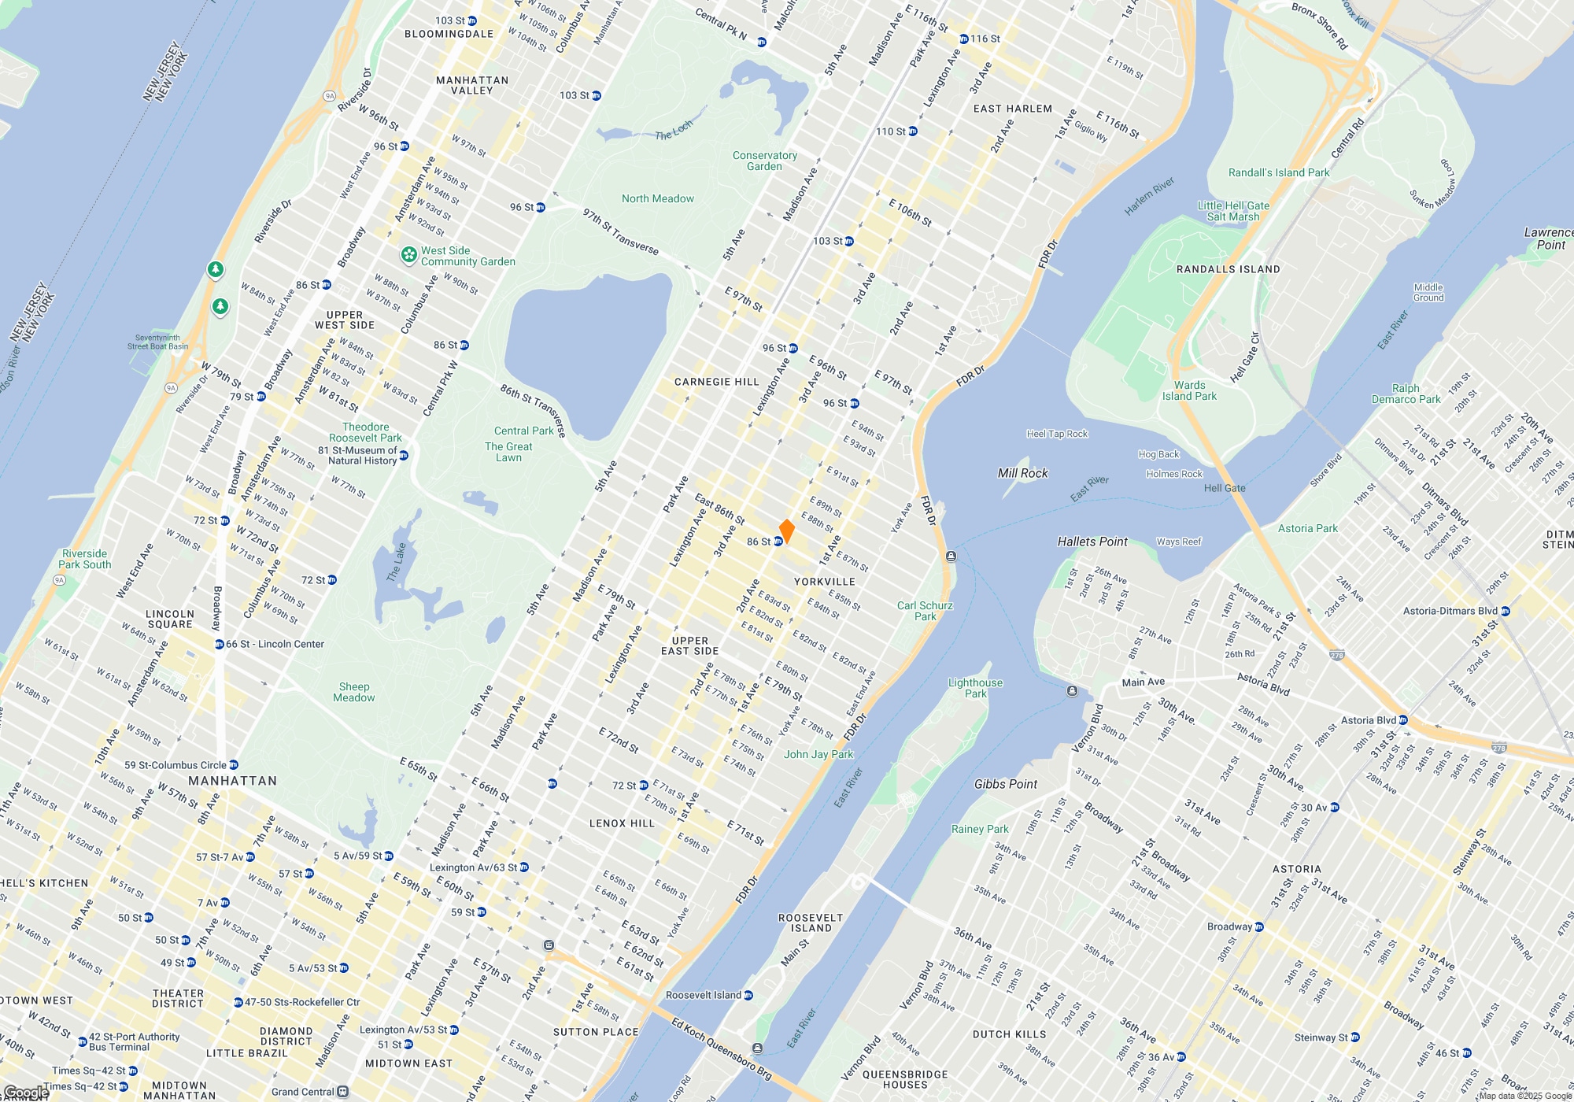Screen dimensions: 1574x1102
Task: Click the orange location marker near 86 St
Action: [786, 531]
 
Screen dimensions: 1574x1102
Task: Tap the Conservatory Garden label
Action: [764, 161]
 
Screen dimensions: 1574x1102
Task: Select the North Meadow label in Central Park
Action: [658, 199]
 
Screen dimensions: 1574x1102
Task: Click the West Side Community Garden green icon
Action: [408, 254]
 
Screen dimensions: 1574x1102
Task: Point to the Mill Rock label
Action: [1022, 473]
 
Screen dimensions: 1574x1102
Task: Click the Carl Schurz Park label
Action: [925, 611]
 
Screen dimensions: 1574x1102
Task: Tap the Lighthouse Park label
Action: [975, 688]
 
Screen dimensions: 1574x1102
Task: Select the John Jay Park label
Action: [818, 754]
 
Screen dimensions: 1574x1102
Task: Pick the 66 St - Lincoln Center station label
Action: [274, 644]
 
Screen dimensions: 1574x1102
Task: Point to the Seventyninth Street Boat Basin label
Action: [158, 342]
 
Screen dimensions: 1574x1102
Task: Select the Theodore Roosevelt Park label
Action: [365, 432]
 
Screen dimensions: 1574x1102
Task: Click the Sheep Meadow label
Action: [353, 692]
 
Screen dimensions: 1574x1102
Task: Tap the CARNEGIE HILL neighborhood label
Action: [716, 382]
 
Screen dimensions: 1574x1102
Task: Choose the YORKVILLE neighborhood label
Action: [824, 582]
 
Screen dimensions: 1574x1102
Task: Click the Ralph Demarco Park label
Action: [1406, 394]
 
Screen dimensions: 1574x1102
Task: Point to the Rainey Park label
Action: [980, 829]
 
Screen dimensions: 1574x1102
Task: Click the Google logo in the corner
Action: [25, 1093]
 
